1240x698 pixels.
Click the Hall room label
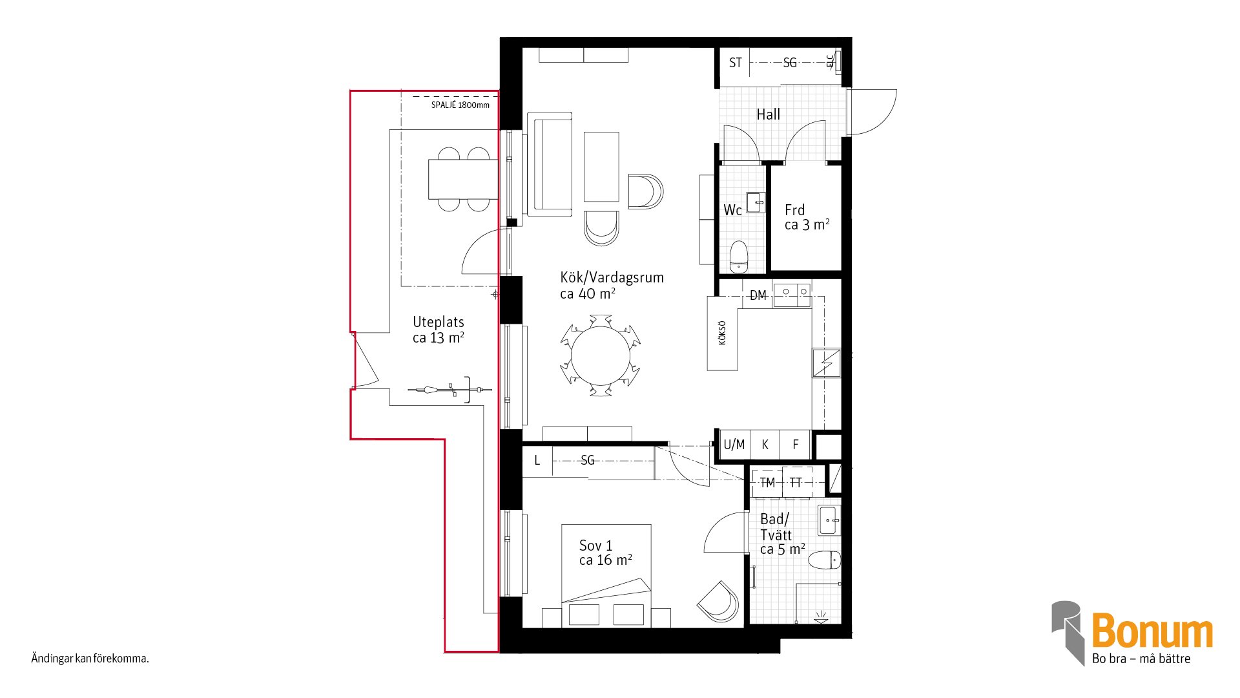coord(768,114)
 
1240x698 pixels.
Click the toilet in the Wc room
coord(738,257)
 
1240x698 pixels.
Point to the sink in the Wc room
coord(756,202)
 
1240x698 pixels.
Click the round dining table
coord(601,355)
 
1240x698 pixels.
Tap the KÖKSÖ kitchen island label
coord(722,333)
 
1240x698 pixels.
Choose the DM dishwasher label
coord(758,295)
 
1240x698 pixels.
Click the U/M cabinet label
coord(734,445)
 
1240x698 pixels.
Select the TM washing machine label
coord(767,483)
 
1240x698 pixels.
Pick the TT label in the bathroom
coord(796,483)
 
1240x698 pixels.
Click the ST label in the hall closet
coord(735,63)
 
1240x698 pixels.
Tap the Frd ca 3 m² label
coord(807,217)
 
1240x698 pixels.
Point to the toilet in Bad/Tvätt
coord(825,560)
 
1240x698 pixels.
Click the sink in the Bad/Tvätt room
coord(830,521)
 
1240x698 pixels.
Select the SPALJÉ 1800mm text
coord(460,105)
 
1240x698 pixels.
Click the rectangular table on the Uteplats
coord(463,179)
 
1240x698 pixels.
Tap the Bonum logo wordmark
coord(1152,631)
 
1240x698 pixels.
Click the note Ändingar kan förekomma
coord(90,659)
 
